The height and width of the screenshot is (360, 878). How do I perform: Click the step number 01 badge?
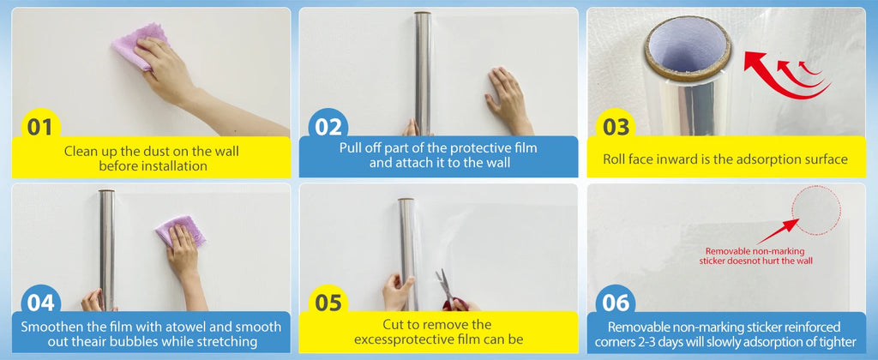(39, 128)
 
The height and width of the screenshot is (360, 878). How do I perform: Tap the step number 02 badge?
(328, 128)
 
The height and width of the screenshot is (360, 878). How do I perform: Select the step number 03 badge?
(616, 128)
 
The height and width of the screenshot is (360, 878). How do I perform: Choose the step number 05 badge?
(328, 303)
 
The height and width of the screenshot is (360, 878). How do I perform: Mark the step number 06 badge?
(616, 303)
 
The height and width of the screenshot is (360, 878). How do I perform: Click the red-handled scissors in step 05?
(449, 291)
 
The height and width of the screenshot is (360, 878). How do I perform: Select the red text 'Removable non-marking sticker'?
(754, 250)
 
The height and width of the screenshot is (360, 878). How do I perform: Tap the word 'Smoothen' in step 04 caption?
(51, 327)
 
